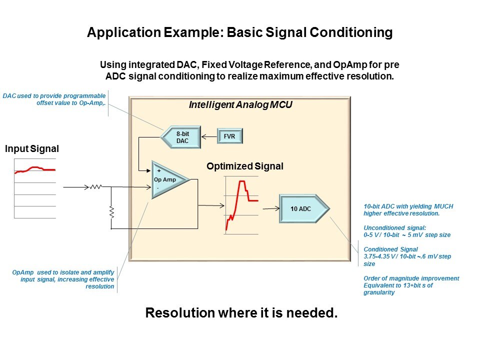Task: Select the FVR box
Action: (229, 135)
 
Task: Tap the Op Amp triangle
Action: (168, 179)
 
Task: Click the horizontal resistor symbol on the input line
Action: (95, 187)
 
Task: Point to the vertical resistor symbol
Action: (112, 212)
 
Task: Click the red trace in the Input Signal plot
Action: (35, 168)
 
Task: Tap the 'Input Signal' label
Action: (32, 149)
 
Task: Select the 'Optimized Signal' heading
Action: (245, 166)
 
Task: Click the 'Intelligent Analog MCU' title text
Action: (240, 105)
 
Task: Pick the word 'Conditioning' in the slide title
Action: (351, 33)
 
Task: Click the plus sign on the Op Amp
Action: (159, 171)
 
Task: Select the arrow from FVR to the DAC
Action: (209, 135)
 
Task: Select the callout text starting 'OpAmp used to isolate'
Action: (63, 279)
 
